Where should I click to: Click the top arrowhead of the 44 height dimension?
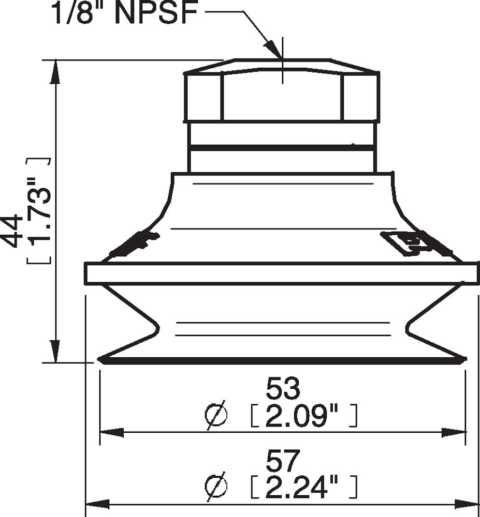pyautogui.click(x=55, y=72)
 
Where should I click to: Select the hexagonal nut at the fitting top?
pyautogui.click(x=282, y=96)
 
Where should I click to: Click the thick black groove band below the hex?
pyautogui.click(x=282, y=148)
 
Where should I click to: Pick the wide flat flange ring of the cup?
pyautogui.click(x=282, y=273)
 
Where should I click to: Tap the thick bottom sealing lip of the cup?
pyautogui.click(x=282, y=360)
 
